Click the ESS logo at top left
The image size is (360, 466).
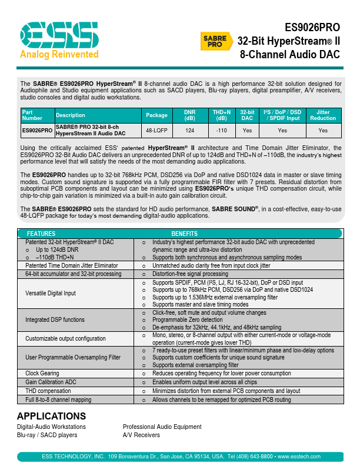coord(58,36)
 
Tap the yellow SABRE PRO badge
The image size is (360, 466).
coord(215,41)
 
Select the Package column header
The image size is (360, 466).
coord(157,115)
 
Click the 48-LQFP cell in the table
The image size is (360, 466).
coord(157,130)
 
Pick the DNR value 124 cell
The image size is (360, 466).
coord(190,130)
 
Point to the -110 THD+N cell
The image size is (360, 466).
coord(221,130)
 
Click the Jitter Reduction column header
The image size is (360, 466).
coord(323,115)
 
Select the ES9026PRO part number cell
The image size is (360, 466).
coord(37,130)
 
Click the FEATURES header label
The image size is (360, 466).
coord(41,234)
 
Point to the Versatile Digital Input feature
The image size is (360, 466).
coord(51,293)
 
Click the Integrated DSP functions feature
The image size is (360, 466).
coord(55,320)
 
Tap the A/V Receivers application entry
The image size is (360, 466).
coord(141,435)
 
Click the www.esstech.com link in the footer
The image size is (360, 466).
coord(298,457)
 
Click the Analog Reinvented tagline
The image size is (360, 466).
coord(59,55)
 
